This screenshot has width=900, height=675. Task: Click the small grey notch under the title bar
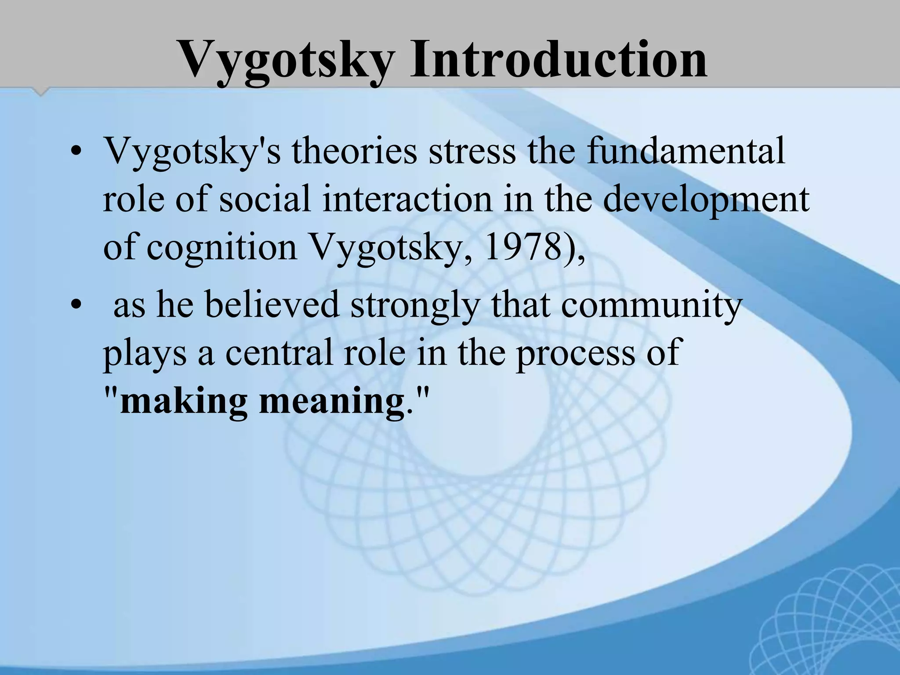(41, 91)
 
